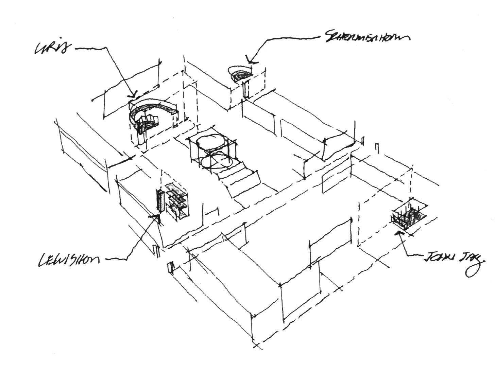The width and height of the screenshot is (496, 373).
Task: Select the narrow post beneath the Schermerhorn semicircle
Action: click(245, 89)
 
